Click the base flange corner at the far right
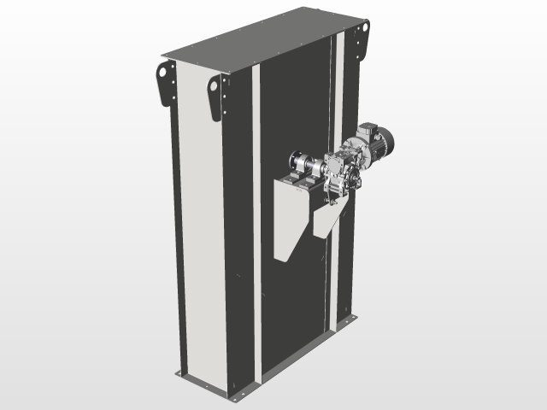pos(352,319)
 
